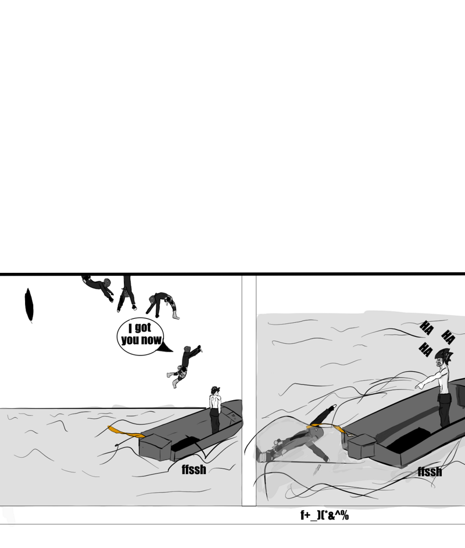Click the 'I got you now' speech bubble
[140, 337]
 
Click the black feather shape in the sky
[29, 305]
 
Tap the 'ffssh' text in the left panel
[194, 469]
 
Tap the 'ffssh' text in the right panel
[430, 472]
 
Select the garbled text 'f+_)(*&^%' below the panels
[324, 515]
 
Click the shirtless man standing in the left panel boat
[215, 410]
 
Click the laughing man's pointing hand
[419, 386]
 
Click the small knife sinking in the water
[317, 469]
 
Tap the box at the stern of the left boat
[155, 446]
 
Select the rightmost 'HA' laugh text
[449, 337]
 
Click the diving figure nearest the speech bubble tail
[184, 365]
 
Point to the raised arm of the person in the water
[323, 415]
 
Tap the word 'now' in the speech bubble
[151, 339]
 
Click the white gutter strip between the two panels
[249, 390]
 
